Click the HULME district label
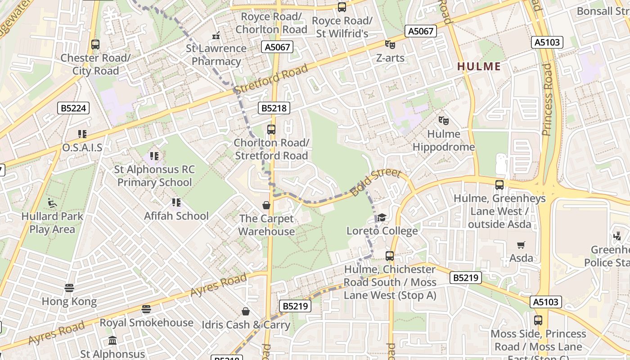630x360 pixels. (x=479, y=67)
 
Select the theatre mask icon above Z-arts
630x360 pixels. (x=390, y=45)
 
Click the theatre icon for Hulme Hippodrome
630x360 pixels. (x=444, y=121)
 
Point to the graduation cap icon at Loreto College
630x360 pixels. (x=382, y=218)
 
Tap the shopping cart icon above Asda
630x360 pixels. (x=521, y=245)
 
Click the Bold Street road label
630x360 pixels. (x=375, y=182)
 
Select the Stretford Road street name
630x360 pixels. (x=271, y=79)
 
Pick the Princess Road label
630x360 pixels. (x=547, y=99)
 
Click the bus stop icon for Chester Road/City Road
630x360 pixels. (x=95, y=45)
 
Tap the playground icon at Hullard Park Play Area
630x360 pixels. (x=53, y=203)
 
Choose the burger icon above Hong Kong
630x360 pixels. (x=69, y=288)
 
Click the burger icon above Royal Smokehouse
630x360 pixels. (x=146, y=309)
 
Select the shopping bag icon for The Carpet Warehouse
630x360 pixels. (x=266, y=205)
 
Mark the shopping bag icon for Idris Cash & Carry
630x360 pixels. (x=246, y=311)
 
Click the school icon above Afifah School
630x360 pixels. (x=176, y=202)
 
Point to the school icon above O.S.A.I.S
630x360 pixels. (x=82, y=134)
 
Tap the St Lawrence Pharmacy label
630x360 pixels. (x=216, y=54)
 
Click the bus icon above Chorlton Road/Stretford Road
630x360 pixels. (x=271, y=130)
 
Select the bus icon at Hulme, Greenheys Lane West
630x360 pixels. (x=499, y=185)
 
